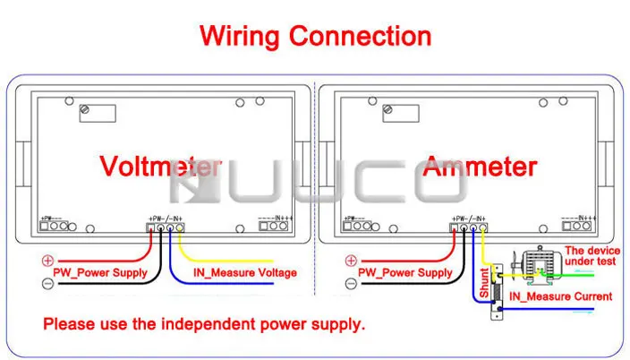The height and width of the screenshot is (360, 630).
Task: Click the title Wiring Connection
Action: (315, 36)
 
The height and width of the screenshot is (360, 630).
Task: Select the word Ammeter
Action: (480, 166)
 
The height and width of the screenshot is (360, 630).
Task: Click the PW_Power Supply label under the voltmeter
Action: (100, 272)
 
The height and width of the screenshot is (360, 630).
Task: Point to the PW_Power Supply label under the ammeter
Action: (405, 272)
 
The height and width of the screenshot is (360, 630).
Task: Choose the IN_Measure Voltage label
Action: (245, 272)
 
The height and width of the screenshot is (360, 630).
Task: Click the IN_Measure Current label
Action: (560, 296)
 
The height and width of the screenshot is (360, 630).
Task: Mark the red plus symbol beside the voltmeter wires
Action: (48, 261)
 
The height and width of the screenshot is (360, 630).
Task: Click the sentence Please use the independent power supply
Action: (204, 324)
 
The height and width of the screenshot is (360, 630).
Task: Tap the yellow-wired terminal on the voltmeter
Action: (180, 227)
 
